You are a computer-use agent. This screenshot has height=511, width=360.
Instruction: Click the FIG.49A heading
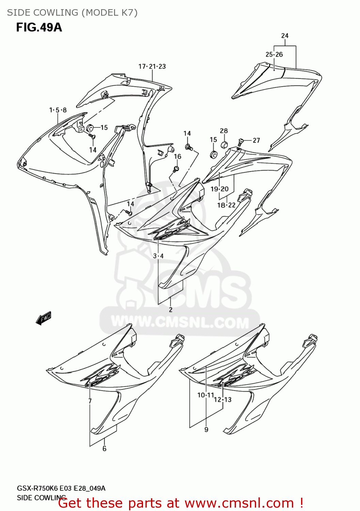coord(39,27)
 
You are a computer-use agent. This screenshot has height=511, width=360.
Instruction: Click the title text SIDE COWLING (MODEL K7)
coord(72,13)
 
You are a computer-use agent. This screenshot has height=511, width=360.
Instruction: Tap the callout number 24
coord(285,36)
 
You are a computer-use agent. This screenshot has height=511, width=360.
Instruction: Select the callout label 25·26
coord(274,55)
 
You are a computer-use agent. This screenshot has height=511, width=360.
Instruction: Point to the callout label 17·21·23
coord(152,66)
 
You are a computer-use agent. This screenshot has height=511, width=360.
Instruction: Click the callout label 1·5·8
coord(58,110)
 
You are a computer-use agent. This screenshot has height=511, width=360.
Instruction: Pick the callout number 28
coord(224,131)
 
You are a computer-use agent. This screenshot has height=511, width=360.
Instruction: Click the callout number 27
coord(256,140)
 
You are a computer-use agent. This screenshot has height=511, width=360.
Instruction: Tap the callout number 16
coord(178,157)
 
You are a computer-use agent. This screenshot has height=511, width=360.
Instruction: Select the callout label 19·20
coord(220,189)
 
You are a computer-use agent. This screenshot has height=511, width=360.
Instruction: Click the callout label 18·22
coord(226,205)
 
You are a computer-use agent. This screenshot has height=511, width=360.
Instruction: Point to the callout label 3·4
coord(158,256)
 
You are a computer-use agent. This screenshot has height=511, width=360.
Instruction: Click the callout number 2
coord(171,310)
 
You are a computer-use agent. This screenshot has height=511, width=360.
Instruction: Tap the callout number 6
coord(105,449)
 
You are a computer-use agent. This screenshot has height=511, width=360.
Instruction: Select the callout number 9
coord(206,430)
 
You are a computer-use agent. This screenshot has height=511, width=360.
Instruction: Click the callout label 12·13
coord(223,400)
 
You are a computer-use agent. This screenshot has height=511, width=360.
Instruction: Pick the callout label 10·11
coord(206,395)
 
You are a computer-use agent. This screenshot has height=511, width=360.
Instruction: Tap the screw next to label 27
coord(241,141)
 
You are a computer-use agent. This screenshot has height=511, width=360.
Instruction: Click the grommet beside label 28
coord(224,144)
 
